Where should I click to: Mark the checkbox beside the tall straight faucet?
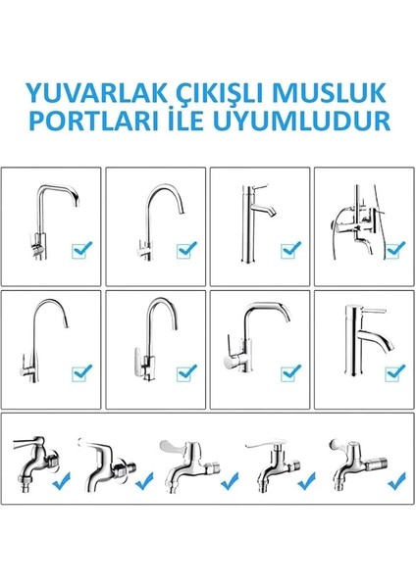click(x=289, y=252)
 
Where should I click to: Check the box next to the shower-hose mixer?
click(x=392, y=252)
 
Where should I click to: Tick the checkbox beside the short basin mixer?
click(x=393, y=371)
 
